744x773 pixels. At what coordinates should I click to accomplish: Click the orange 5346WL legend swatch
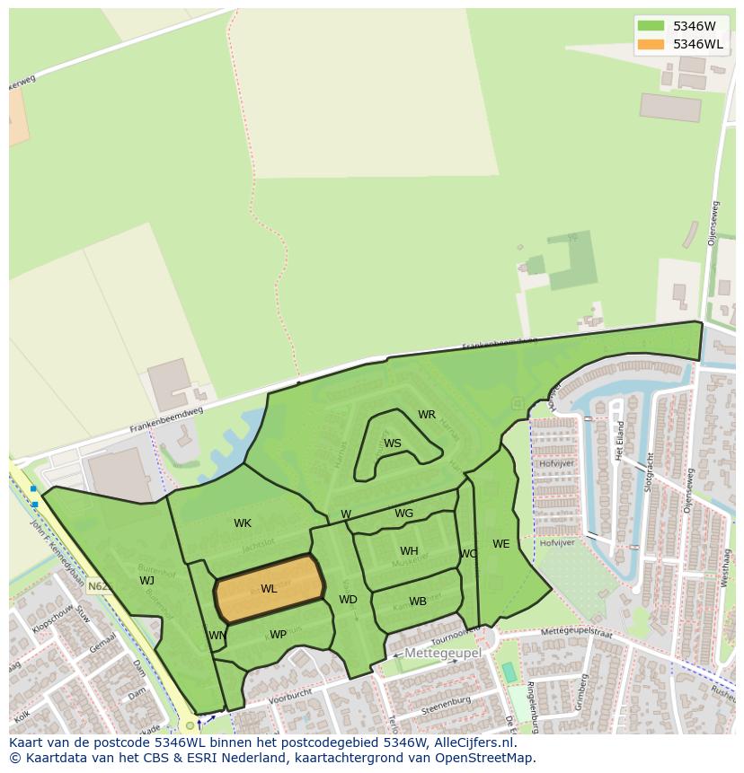(651, 44)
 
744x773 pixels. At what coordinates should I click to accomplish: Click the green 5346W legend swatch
(651, 26)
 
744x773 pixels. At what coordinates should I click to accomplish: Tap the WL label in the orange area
(269, 589)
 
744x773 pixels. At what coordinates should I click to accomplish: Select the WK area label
(243, 523)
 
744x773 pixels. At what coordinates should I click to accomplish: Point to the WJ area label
(146, 580)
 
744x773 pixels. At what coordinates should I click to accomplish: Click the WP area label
(279, 635)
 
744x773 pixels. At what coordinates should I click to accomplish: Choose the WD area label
(348, 600)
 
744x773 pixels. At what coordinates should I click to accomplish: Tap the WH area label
(409, 551)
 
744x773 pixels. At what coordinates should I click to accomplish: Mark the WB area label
(418, 602)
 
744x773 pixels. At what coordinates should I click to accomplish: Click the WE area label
(500, 543)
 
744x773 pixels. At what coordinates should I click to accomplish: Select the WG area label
(404, 514)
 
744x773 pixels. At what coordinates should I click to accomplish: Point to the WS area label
(393, 444)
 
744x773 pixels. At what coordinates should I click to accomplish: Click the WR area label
(427, 415)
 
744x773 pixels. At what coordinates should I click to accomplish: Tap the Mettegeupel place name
(443, 653)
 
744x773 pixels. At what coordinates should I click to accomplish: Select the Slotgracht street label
(648, 468)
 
